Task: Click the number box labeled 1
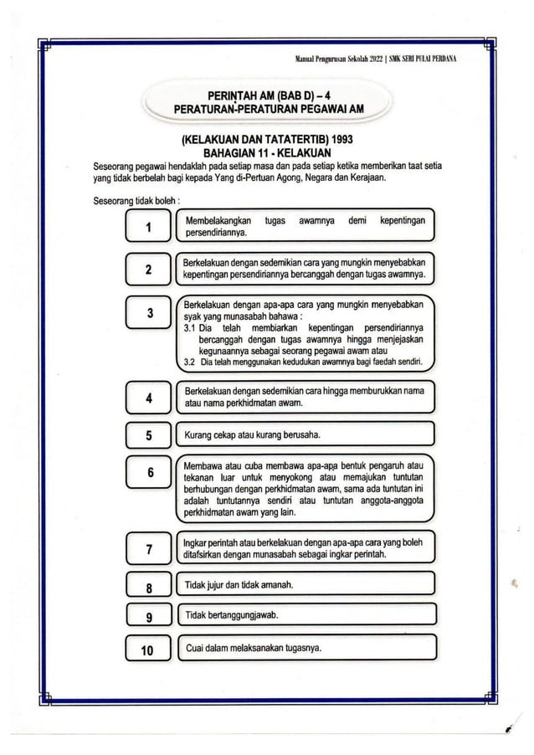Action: click(x=148, y=227)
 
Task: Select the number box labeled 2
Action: click(x=148, y=269)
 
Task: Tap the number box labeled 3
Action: click(x=148, y=314)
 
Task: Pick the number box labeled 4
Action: click(x=148, y=398)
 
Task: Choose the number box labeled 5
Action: click(x=148, y=435)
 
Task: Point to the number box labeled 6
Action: click(x=148, y=473)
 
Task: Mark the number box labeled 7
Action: click(x=148, y=550)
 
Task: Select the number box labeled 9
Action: click(x=148, y=618)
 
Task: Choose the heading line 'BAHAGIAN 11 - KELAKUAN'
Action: click(x=257, y=153)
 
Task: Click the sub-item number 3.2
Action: click(x=190, y=362)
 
